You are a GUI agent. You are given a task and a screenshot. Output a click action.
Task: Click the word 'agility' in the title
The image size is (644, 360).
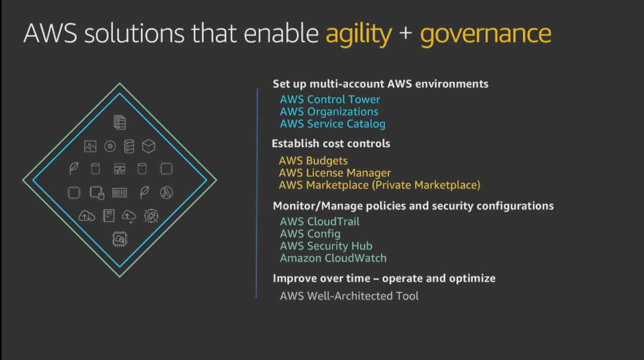click(x=359, y=34)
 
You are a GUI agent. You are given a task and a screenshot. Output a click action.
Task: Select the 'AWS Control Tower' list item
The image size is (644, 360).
click(x=330, y=99)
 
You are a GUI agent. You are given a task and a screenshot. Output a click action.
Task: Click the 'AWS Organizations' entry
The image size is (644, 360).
click(x=329, y=112)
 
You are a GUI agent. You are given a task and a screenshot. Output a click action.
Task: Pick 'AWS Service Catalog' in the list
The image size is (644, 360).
click(x=332, y=124)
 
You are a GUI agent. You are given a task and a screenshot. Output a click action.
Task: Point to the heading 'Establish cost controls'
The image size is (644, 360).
click(x=331, y=143)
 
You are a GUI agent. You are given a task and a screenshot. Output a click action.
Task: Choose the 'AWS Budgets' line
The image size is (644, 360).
click(x=313, y=161)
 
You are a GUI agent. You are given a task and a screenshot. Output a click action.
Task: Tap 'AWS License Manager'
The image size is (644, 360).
click(x=334, y=173)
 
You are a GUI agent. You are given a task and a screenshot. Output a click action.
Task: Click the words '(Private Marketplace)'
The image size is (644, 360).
click(x=426, y=185)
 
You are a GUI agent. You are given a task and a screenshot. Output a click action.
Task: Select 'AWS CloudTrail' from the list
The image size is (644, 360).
click(x=320, y=222)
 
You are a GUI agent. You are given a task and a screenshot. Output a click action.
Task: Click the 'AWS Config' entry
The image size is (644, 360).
click(x=310, y=234)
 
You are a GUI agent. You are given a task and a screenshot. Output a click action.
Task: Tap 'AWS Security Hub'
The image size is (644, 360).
click(x=326, y=246)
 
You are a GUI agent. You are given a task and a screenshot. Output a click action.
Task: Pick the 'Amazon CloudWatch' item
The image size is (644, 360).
click(x=333, y=258)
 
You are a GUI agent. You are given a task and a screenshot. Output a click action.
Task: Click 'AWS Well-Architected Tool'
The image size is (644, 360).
click(x=349, y=296)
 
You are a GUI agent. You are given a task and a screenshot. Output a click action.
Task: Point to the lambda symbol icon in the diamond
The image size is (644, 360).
click(x=167, y=193)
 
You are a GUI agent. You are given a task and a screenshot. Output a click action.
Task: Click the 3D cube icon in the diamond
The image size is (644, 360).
click(x=149, y=146)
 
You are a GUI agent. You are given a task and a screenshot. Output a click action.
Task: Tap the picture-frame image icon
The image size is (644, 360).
click(x=90, y=146)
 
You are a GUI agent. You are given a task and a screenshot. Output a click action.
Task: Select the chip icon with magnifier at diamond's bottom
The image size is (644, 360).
click(x=120, y=239)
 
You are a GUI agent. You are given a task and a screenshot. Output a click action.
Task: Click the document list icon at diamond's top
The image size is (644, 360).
click(x=120, y=122)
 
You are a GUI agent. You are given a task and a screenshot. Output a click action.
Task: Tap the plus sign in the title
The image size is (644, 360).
click(x=406, y=33)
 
